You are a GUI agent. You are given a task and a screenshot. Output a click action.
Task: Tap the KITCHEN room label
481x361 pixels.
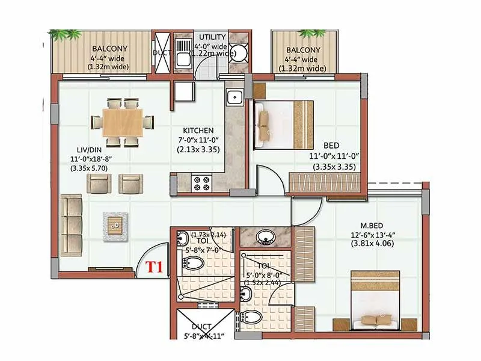pos(198,130)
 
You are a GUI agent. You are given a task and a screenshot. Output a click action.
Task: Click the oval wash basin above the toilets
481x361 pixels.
pos(265,237)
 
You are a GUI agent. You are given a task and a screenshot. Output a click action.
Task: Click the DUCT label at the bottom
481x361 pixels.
pos(201,327)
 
